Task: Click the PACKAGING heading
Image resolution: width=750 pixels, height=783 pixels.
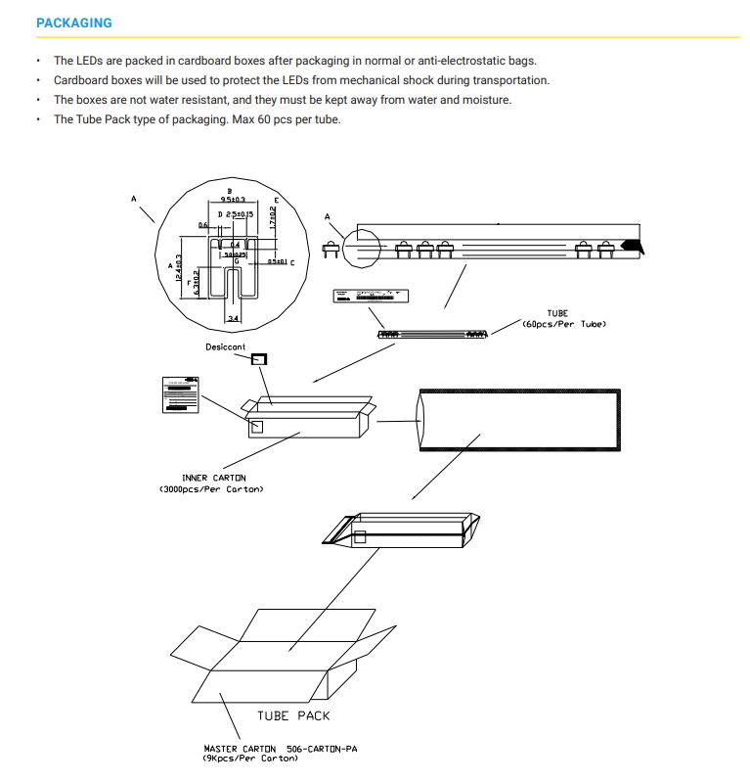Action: pos(73,23)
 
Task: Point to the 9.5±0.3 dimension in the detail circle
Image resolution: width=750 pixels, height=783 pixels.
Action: pos(232,199)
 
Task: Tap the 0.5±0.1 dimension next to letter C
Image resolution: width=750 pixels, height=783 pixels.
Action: pos(277,262)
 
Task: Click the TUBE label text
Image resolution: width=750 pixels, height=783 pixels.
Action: pos(557,314)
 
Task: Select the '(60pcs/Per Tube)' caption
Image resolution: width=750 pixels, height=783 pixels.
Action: pos(564,324)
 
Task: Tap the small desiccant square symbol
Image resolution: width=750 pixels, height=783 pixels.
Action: pos(260,359)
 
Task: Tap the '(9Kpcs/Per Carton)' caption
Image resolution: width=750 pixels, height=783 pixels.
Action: pos(250,759)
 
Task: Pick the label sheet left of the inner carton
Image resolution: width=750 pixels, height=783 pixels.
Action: pos(180,393)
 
